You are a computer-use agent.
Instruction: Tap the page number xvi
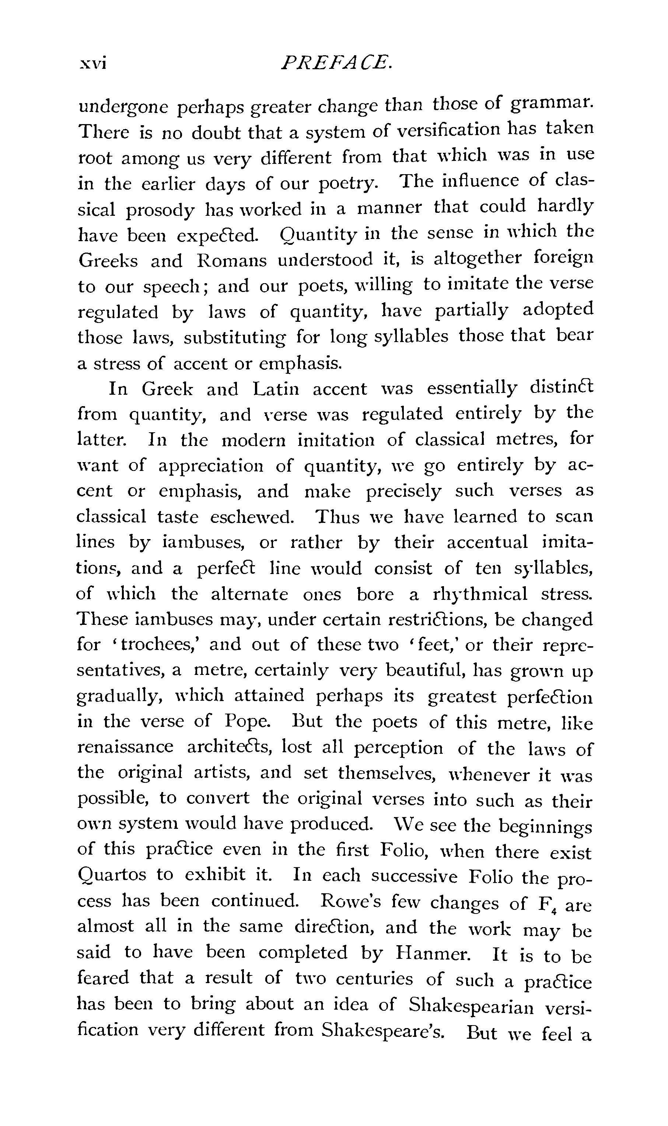(93, 63)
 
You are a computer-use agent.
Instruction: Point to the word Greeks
(108, 261)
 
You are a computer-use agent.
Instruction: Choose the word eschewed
(252, 517)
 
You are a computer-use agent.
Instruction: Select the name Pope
(248, 722)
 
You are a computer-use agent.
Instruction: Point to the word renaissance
(125, 747)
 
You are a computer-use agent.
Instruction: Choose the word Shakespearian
(471, 1004)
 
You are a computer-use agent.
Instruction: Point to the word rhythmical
(480, 594)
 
